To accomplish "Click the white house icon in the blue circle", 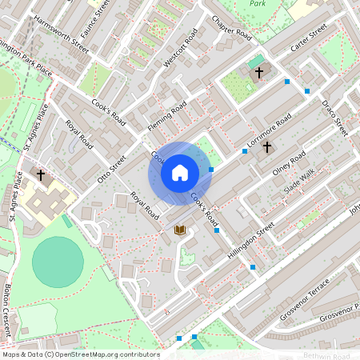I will [x=180, y=173].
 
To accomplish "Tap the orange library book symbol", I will [x=180, y=230].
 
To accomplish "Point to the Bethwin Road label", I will [x=331, y=355].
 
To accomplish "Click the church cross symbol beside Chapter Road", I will [x=258, y=73].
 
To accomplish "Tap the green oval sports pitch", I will [x=58, y=262].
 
